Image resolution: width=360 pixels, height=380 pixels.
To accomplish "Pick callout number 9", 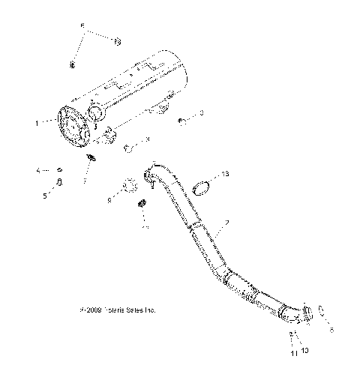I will tap(109, 200).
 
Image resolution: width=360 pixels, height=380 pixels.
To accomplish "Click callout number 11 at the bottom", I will tap(293, 352).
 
